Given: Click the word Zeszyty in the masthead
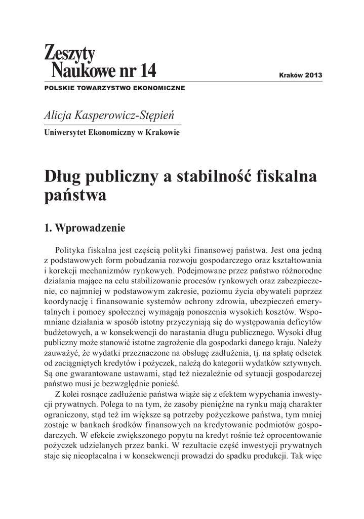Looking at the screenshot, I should (70, 52).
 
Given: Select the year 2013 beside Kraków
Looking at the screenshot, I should (313, 75).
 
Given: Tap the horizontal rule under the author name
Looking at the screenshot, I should (113, 124).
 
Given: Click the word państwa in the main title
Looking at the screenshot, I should (75, 196).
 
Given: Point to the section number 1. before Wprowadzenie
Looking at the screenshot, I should (49, 228).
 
